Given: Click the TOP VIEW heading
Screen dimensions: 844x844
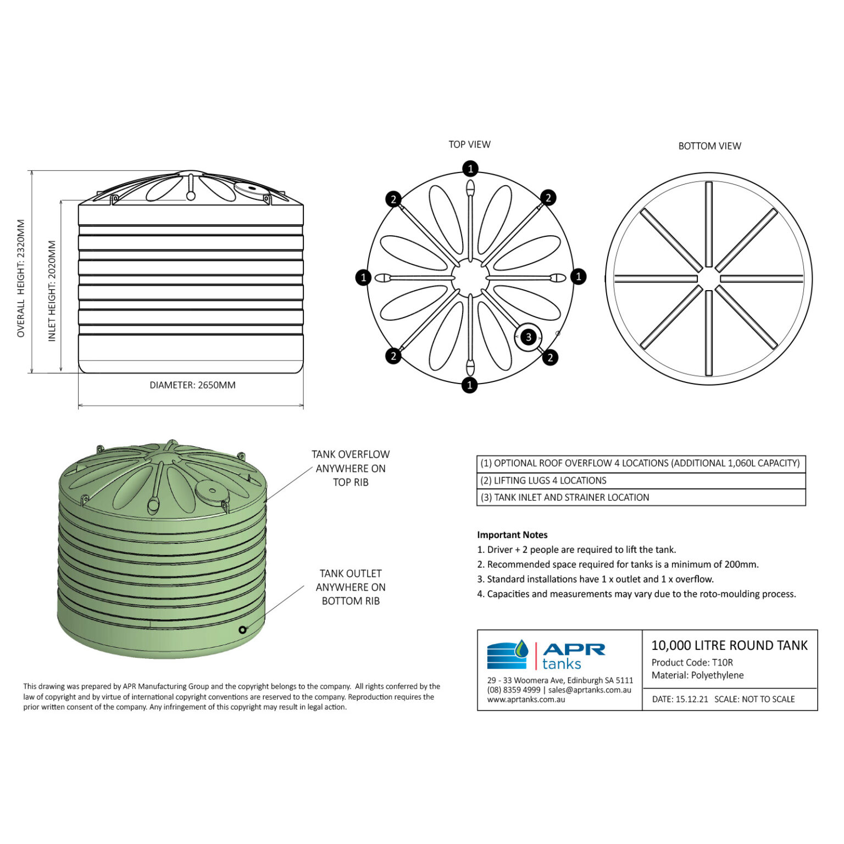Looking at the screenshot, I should [469, 145].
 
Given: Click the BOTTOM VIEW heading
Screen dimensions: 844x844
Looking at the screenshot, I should [709, 146].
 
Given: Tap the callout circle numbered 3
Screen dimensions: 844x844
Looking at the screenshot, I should [529, 337].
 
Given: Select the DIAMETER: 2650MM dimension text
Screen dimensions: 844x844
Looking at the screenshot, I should [192, 385].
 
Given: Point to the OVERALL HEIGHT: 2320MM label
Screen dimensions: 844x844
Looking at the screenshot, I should [21, 278].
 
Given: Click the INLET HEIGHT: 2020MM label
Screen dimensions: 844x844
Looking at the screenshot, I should [52, 291].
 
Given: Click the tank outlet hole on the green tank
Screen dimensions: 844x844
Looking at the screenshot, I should [242, 630].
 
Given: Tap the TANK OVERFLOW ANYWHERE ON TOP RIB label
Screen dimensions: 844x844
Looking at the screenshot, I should [351, 468].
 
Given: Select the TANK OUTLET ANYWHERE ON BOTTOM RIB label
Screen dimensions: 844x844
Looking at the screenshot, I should [351, 587].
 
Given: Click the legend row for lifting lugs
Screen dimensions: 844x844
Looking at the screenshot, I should [641, 480].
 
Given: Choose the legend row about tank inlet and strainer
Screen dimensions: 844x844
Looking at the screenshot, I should [641, 497].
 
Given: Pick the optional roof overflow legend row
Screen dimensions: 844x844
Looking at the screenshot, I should [641, 463].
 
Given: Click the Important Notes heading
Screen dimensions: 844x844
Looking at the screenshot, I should [512, 535].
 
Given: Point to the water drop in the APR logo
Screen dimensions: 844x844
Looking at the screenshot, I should [520, 649].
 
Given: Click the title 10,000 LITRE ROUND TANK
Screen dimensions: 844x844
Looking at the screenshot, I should [729, 645].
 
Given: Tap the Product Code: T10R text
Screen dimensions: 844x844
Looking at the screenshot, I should [692, 662].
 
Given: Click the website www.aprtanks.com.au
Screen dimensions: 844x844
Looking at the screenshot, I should [526, 699].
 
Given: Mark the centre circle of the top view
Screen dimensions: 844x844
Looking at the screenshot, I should [470, 276].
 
